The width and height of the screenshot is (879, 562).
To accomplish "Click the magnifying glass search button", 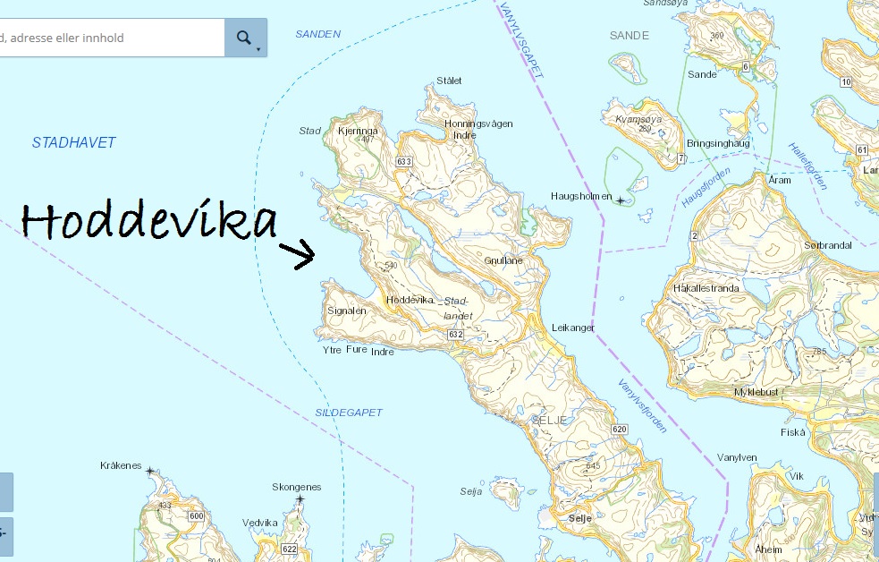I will coord(243,38).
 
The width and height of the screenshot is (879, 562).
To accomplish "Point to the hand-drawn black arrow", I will coord(298,253).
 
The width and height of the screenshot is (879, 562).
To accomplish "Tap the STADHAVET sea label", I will coord(73,142).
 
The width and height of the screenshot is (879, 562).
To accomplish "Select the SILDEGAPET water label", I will coord(349,413).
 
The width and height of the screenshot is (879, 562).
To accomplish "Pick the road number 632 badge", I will coord(455,334).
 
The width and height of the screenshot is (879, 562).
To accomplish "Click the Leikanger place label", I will coord(573,328).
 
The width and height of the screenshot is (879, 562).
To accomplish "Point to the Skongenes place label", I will coord(296,487).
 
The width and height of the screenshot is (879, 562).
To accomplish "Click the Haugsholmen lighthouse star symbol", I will coord(621,200).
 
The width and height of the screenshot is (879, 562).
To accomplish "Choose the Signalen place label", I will coord(347,311).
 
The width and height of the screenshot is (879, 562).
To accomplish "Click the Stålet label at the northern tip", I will coord(449,81).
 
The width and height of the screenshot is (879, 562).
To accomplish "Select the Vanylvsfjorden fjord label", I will coord(642,405).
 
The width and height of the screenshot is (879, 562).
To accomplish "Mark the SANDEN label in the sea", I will coord(318,34).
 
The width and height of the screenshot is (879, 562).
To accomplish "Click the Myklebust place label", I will coord(756,392).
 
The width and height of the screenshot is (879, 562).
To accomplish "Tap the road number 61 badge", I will coord(861,149).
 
